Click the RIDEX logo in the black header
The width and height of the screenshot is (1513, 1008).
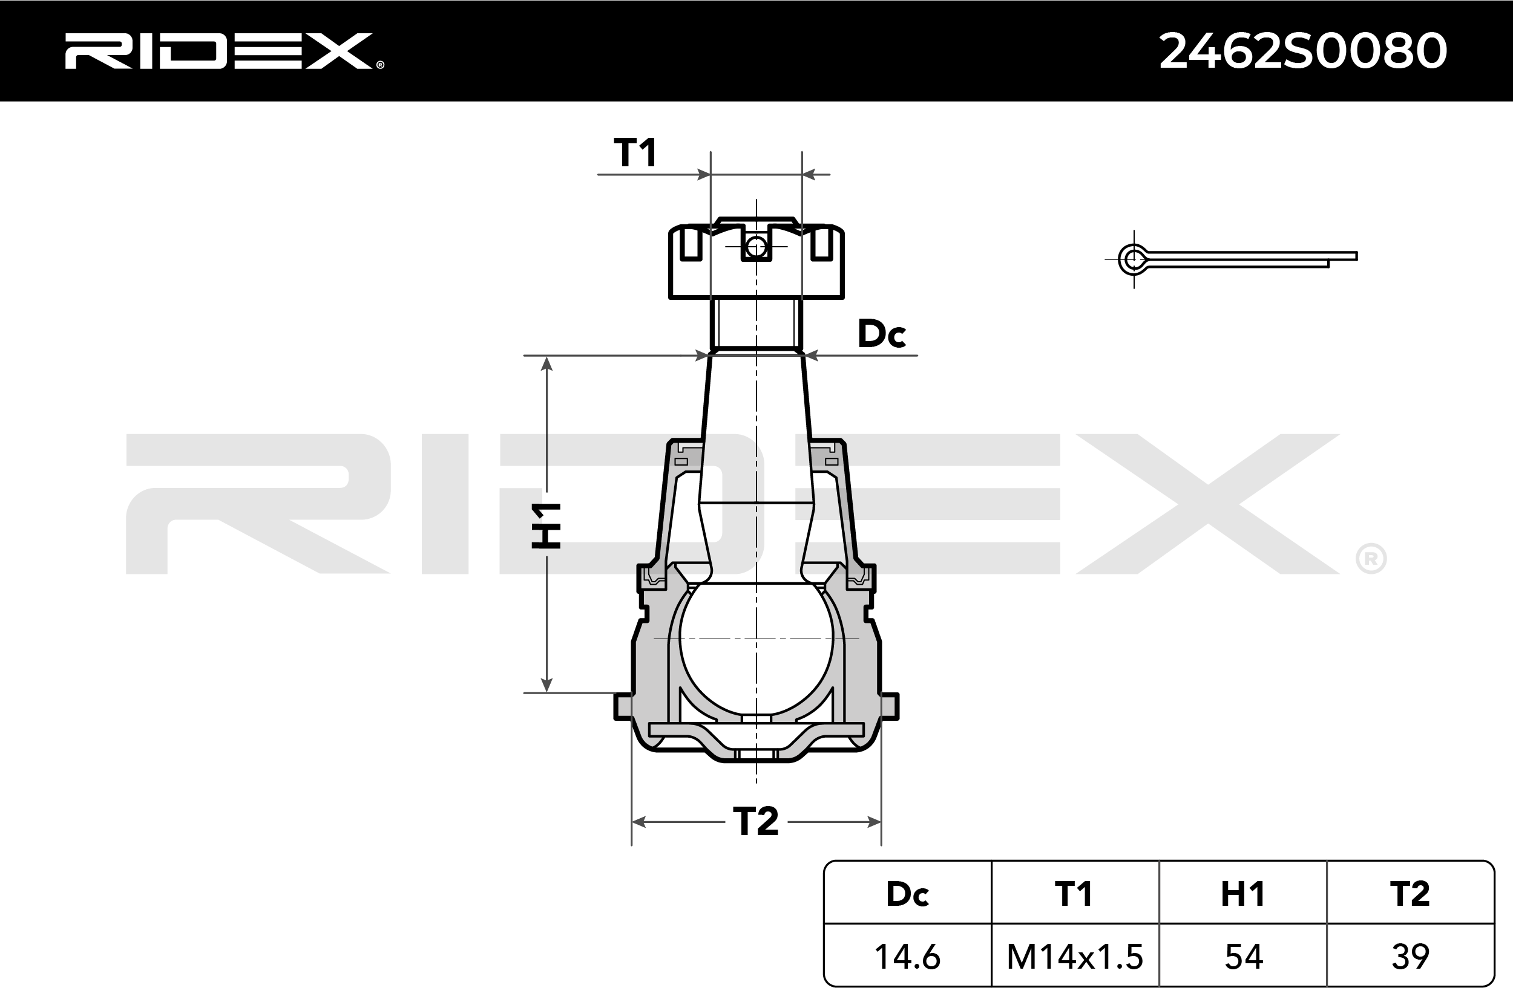(224, 51)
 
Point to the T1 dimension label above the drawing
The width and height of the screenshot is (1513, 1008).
(635, 153)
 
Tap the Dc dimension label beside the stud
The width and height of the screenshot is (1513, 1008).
(882, 334)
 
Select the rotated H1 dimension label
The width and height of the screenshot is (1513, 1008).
(546, 526)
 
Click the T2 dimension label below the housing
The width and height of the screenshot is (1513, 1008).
(756, 822)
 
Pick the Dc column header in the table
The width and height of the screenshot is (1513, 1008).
(908, 894)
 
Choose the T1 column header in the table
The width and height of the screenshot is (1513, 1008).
(1075, 894)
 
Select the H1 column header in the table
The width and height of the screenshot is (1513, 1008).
(1243, 894)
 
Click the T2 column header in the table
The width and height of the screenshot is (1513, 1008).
(1410, 894)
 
